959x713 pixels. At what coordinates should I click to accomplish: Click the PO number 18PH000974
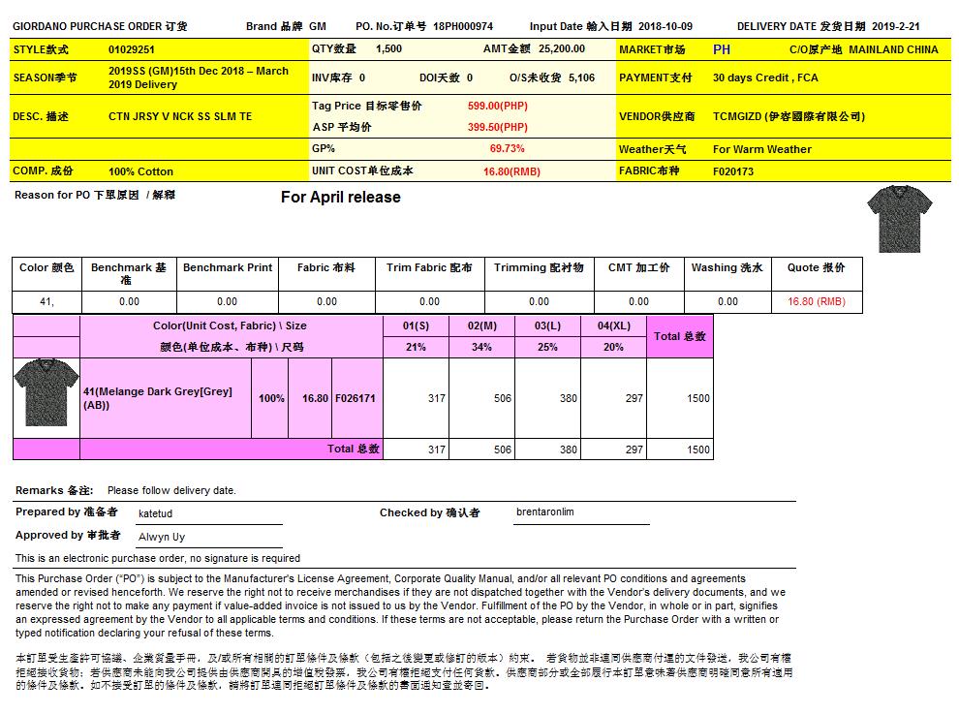pos(463,26)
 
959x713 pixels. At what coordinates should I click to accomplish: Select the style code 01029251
pos(132,48)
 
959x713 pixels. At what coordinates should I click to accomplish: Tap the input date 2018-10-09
pos(668,26)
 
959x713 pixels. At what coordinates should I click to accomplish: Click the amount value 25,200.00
pos(562,48)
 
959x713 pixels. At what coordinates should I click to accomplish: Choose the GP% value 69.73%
pos(508,149)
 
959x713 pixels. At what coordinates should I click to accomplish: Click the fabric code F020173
pos(733,171)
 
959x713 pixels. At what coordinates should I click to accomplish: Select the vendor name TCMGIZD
pos(736,116)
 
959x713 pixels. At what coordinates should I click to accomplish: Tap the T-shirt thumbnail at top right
pos(900,218)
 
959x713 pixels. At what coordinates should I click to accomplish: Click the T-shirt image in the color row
pos(46,396)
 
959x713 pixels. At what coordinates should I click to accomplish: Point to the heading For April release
pos(340,198)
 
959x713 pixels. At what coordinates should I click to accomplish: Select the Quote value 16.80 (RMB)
pos(817,301)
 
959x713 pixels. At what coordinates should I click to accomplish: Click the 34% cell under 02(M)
pos(481,347)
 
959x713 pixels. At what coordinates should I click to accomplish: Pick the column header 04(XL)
pos(614,325)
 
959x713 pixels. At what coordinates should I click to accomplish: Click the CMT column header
pos(638,267)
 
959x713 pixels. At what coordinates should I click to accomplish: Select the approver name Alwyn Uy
pos(162,537)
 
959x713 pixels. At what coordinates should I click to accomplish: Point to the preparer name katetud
pos(155,513)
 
